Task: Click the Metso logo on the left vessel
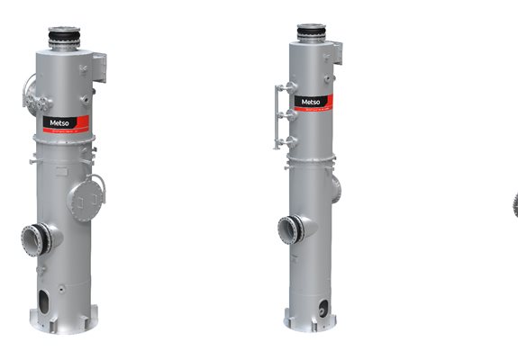click(x=55, y=122)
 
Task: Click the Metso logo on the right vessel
click(x=309, y=102)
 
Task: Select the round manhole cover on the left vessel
click(x=86, y=198)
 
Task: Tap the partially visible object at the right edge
click(x=515, y=205)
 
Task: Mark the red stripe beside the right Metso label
click(x=327, y=102)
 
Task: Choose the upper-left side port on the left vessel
click(x=29, y=92)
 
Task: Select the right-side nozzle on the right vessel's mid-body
click(x=336, y=188)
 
